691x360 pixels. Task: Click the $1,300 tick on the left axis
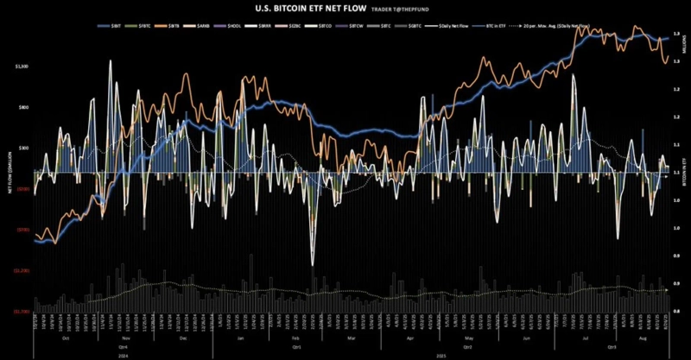pyautogui.click(x=22, y=66)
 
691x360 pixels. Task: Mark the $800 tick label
pyautogui.click(x=24, y=108)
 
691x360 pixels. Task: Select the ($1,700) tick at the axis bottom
pyautogui.click(x=22, y=311)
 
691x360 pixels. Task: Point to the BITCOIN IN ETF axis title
pyautogui.click(x=683, y=173)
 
